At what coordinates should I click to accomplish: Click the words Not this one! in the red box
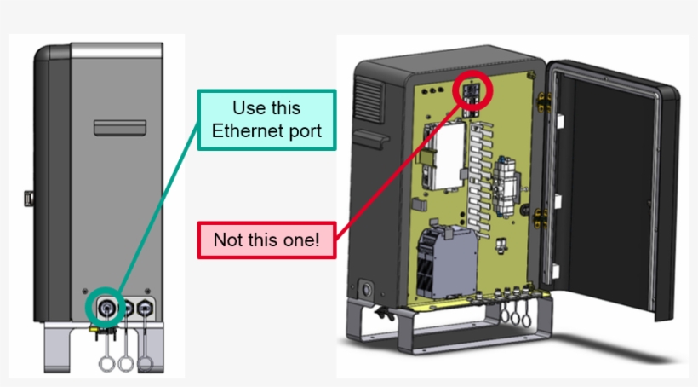pos(266,240)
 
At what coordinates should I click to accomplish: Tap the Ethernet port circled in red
pos(473,90)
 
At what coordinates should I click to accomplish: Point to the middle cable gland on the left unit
pos(128,307)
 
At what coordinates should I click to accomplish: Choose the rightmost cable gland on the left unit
pos(146,307)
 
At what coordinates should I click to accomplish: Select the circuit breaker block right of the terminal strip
pos(508,181)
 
